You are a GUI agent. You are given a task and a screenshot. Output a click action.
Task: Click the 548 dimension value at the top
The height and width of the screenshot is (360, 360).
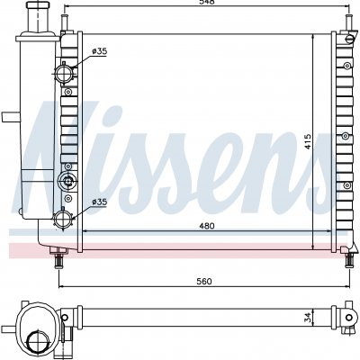(207, 2)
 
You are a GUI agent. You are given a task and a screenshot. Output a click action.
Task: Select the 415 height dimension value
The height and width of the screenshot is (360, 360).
(308, 141)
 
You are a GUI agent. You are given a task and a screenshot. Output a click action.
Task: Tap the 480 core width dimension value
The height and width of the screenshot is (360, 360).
(207, 226)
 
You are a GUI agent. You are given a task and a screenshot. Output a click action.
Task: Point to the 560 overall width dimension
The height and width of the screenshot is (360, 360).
(204, 282)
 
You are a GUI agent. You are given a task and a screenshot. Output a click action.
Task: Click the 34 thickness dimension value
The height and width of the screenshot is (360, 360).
(308, 318)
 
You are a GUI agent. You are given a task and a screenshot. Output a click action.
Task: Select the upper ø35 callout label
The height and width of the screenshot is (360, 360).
(99, 51)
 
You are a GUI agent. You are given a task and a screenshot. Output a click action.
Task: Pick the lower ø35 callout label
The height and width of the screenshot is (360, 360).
(99, 202)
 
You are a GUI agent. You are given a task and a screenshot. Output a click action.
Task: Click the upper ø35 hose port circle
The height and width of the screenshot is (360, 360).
(63, 73)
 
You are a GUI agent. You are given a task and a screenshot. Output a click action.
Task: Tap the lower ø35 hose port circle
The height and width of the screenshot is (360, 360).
(63, 219)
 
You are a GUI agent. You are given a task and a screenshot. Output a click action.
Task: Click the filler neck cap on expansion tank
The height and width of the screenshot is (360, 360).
(38, 5)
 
